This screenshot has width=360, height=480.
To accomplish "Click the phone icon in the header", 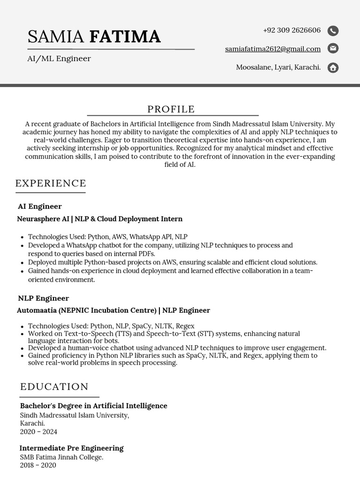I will pyautogui.click(x=333, y=31).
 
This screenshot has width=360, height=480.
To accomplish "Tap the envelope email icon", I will pyautogui.click(x=333, y=48).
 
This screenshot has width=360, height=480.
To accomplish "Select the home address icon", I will pyautogui.click(x=333, y=68).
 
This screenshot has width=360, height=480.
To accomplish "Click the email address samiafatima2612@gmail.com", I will pyautogui.click(x=272, y=49).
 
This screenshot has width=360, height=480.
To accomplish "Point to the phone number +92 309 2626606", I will pyautogui.click(x=292, y=30).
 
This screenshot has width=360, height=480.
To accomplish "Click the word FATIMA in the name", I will pyautogui.click(x=125, y=37).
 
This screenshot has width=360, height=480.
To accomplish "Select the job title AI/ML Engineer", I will pyautogui.click(x=59, y=59).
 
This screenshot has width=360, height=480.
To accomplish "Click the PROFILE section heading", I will pyautogui.click(x=171, y=109).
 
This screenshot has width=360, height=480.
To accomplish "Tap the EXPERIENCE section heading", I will pyautogui.click(x=51, y=183).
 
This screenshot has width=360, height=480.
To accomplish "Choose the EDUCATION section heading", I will pyautogui.click(x=54, y=387).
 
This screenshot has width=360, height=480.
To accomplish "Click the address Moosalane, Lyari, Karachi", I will pyautogui.click(x=278, y=67).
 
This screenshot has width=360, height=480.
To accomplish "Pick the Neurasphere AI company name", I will pyautogui.click(x=43, y=219).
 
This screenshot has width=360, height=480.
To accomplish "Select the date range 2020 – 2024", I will pyautogui.click(x=38, y=432).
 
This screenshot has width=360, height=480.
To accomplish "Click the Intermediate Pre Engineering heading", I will pyautogui.click(x=72, y=448).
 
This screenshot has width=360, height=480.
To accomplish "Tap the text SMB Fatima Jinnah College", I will pyautogui.click(x=61, y=457).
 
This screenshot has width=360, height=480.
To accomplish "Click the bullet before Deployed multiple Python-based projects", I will pyautogui.click(x=22, y=262).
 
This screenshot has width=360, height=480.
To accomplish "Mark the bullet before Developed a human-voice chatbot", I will pyautogui.click(x=22, y=348).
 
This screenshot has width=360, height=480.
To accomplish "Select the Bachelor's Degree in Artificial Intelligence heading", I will pyautogui.click(x=93, y=406).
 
